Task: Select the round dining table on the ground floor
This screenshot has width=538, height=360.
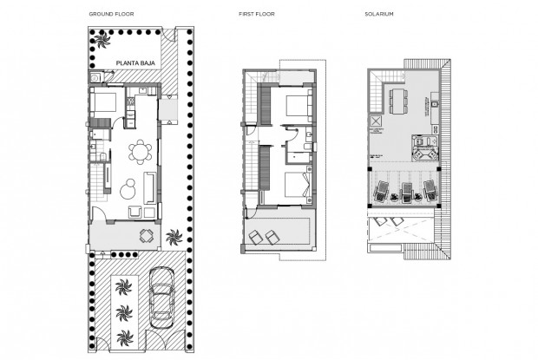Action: point(139,153)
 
